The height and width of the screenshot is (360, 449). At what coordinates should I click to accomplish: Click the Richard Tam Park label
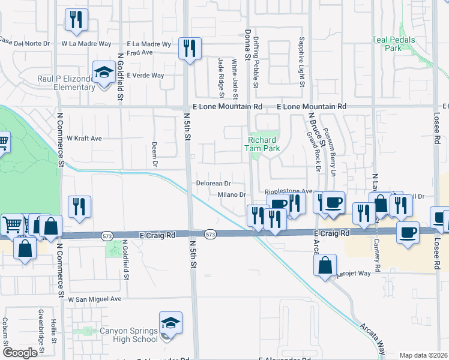click(262, 145)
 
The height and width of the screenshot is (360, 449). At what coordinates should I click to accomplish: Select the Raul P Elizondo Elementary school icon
click(104, 74)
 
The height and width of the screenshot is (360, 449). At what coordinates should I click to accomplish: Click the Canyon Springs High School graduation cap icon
click(171, 325)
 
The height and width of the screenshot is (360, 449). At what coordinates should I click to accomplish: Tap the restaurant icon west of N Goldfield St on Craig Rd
click(79, 208)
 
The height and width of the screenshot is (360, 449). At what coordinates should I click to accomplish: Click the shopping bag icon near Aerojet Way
click(325, 266)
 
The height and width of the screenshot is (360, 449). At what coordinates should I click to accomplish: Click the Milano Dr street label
click(231, 194)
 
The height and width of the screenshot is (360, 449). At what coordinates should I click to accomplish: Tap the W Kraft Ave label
click(84, 139)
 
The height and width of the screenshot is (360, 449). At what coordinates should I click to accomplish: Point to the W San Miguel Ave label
click(95, 299)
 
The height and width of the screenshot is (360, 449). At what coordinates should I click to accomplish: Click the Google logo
click(20, 353)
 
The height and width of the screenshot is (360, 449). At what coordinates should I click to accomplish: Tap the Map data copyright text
click(423, 355)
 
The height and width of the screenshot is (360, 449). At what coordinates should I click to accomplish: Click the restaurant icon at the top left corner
click(76, 20)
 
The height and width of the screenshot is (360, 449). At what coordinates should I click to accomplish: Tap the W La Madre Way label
click(86, 44)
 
